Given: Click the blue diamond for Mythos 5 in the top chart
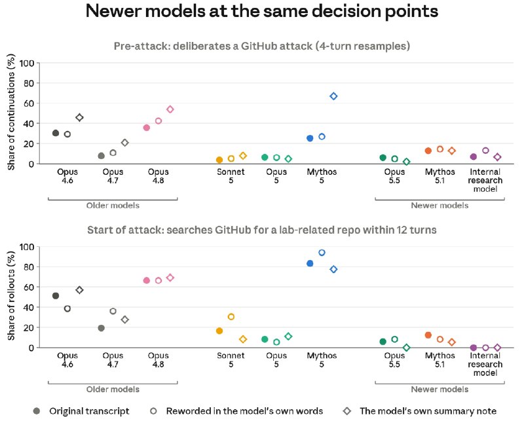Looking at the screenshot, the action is (333, 96).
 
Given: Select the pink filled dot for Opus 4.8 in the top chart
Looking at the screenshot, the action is (146, 128).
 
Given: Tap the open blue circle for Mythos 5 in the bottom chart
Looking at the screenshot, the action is (322, 253).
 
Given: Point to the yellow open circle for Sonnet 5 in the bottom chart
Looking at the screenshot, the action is (231, 317).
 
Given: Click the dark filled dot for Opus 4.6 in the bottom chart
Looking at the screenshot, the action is (56, 296).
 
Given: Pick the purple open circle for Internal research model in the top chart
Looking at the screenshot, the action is (485, 151).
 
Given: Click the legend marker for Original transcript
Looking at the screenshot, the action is (37, 411).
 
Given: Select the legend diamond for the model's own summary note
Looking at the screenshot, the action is (347, 411).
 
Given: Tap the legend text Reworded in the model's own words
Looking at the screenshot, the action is (244, 411).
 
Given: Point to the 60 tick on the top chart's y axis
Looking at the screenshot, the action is (29, 103).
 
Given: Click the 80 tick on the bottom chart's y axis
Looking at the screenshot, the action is (29, 267).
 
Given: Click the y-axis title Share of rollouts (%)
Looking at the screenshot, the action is (11, 296).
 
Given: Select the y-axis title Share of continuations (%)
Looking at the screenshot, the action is (11, 112).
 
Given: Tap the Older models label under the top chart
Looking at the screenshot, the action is (113, 206).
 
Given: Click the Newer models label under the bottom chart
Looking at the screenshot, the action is (440, 389).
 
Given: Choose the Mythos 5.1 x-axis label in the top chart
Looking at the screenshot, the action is (440, 176).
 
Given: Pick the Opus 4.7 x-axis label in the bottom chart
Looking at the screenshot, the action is (113, 360).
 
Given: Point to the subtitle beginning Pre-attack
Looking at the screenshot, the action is (262, 46).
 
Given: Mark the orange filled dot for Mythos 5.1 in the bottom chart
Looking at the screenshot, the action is (428, 335).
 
